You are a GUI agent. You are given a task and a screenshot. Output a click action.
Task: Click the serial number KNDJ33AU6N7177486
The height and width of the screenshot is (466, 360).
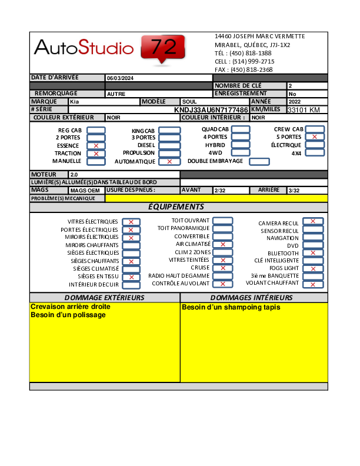(211, 110)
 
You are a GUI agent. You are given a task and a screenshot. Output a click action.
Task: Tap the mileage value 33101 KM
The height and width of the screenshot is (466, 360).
(303, 110)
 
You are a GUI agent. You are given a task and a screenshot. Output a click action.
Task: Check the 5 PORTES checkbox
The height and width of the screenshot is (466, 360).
(315, 137)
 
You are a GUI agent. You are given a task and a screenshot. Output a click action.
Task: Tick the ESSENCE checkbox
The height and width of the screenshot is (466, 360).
(96, 145)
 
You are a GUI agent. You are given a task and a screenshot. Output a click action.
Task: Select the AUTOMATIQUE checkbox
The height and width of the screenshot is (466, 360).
(169, 161)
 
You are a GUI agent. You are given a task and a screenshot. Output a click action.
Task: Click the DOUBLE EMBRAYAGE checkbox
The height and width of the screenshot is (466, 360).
(259, 161)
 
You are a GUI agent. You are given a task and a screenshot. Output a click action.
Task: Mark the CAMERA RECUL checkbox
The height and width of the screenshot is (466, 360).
(313, 221)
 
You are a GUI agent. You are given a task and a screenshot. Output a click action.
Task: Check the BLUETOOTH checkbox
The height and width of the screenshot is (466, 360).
(313, 253)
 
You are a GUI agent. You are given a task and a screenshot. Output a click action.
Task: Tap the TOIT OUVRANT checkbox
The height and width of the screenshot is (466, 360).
(222, 221)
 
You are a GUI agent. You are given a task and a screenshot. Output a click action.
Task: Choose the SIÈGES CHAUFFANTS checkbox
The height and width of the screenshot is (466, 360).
(131, 261)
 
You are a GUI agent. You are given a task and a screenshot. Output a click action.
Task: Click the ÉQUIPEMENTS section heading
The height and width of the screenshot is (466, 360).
(176, 207)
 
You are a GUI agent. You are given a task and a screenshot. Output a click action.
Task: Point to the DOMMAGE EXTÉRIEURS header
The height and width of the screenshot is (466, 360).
(104, 298)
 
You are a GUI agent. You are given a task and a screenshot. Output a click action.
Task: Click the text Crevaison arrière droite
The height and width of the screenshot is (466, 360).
(71, 307)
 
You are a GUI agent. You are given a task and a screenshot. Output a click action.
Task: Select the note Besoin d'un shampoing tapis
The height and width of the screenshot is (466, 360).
(231, 307)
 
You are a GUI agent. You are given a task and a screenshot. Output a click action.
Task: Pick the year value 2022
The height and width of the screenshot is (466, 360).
(294, 102)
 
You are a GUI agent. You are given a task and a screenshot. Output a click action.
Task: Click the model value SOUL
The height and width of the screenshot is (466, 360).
(189, 102)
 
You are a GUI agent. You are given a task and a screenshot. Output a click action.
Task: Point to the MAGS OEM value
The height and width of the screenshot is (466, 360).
(86, 191)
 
